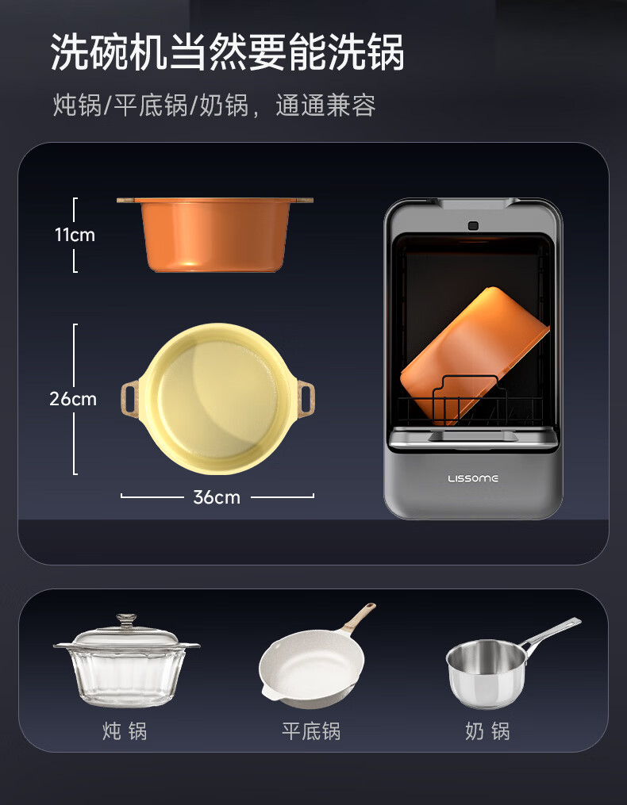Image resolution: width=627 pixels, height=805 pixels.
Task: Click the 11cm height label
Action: pos(75,235)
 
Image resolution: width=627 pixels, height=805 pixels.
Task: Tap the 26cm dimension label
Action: pos(73,399)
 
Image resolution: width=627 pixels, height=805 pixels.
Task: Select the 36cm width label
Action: pos(217,497)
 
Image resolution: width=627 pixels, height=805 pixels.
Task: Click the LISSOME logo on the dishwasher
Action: pos(473,478)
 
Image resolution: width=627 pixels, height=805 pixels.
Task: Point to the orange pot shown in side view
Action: pos(215,234)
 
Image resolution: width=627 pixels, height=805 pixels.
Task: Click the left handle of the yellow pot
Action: pos(130,399)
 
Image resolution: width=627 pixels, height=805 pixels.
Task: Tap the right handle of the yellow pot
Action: pos(306,399)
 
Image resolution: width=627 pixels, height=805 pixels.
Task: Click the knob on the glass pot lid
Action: pos(126,620)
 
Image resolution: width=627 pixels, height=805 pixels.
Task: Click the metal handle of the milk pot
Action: pos(550,634)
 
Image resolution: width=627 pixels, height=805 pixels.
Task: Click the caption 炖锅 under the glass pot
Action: pos(125,731)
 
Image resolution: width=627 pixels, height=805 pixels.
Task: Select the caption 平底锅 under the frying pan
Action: pos(311,731)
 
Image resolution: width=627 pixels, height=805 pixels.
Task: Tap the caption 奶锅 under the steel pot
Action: pos(487,731)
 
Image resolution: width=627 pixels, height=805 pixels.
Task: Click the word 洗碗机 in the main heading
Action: pos(110,52)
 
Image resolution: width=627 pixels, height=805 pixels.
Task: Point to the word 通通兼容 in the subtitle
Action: pos(326,105)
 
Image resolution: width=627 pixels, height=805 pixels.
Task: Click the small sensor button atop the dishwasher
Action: pos(473,225)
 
